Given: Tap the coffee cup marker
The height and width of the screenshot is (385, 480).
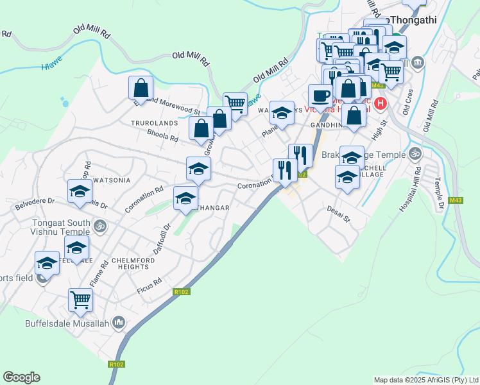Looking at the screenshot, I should (x=320, y=96).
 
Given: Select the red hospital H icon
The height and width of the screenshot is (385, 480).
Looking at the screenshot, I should (x=381, y=103).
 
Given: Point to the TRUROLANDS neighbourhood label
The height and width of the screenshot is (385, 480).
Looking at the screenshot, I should (x=154, y=122).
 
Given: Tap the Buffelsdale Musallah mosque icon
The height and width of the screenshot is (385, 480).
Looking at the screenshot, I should (x=118, y=323).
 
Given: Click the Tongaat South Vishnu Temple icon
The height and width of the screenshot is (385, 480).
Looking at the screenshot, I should (x=99, y=225).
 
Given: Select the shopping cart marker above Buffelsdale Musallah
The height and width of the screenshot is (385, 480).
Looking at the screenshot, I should (x=80, y=299).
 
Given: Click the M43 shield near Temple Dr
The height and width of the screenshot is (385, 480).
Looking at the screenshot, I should (x=456, y=201).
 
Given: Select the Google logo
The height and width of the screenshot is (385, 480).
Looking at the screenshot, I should (x=21, y=377).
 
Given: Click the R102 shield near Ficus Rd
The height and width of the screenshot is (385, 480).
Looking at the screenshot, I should (x=180, y=292).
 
